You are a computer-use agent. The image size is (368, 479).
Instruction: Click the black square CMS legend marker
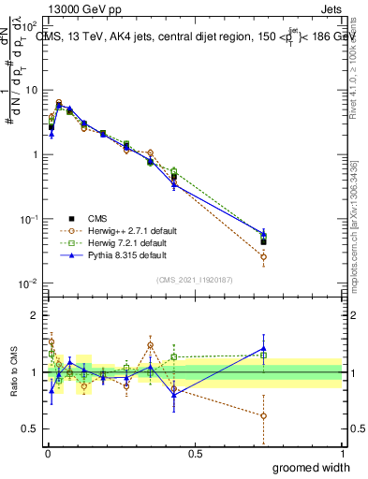[x=66, y=218]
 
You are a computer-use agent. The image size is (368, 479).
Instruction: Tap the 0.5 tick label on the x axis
[x=195, y=453]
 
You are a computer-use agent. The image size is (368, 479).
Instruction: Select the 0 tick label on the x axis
[x=47, y=453]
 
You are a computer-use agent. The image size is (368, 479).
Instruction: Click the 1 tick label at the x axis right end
[x=342, y=453]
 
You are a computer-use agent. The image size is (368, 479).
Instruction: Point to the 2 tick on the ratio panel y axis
[x=35, y=315]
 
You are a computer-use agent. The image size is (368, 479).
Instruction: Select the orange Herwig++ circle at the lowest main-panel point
[x=263, y=256]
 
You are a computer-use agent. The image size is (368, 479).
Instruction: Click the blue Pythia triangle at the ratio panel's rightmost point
[x=263, y=348]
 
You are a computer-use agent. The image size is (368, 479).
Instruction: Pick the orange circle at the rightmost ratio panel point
[x=263, y=415]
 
